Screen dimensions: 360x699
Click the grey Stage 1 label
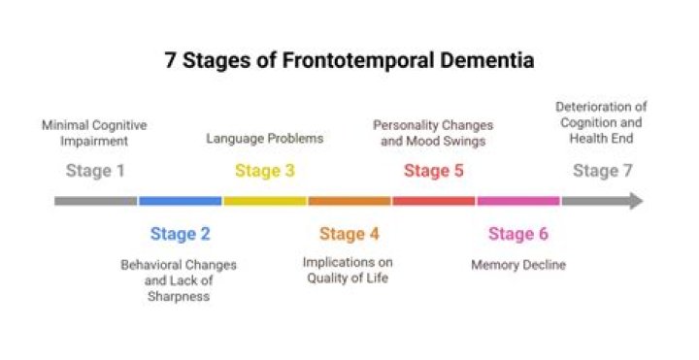(x=95, y=172)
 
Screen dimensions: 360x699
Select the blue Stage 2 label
(x=180, y=234)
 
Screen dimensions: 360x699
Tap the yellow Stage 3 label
(x=265, y=172)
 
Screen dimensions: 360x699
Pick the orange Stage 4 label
(x=349, y=234)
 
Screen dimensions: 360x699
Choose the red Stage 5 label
(x=434, y=172)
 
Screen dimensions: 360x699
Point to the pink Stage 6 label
(x=518, y=234)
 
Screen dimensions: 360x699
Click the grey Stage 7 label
(x=602, y=172)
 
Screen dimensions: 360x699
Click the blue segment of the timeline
(x=180, y=201)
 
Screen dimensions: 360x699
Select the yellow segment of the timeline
(x=265, y=201)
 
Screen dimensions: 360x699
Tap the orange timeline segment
(x=349, y=201)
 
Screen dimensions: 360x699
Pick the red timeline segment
(x=434, y=201)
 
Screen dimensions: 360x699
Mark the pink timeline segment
(x=518, y=201)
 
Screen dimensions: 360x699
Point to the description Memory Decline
(x=518, y=264)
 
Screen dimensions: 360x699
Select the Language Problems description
(x=265, y=139)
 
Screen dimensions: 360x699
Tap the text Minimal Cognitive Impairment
(x=95, y=132)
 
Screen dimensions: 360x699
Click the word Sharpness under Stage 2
(x=180, y=296)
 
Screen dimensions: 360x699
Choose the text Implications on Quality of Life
(x=349, y=271)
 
